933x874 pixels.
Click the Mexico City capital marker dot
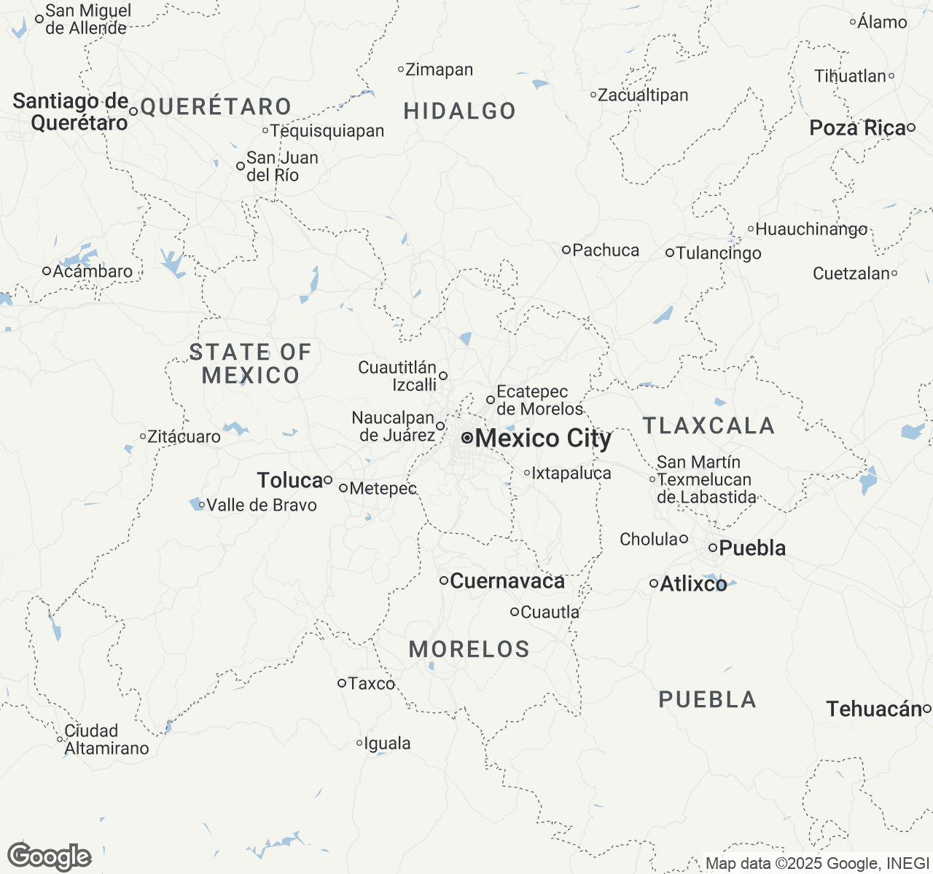point(467,438)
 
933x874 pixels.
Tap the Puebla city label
point(752,548)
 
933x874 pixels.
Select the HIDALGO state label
point(460,111)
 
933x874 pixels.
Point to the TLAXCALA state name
point(708,425)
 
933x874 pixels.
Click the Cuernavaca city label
point(507,581)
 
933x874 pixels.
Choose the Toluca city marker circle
point(328,480)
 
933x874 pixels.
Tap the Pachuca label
point(606,251)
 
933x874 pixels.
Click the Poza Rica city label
point(857,128)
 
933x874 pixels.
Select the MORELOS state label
point(469,649)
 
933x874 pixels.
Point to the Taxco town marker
point(341,683)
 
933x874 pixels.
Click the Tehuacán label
point(874,709)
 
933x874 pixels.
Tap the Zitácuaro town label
point(184,437)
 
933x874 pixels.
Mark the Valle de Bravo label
point(262,505)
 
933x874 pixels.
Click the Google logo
point(49,857)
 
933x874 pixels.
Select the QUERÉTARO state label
point(216,107)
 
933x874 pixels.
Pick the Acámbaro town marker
point(47,271)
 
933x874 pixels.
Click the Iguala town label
point(387,744)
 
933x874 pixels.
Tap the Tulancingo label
point(719,253)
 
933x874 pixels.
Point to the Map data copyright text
point(816,864)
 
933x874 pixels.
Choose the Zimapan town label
point(439,70)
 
